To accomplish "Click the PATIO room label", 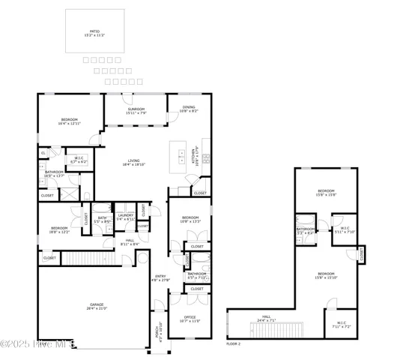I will tap(93, 31).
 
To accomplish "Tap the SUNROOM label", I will tap(135, 111).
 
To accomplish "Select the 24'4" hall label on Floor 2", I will tap(265, 318).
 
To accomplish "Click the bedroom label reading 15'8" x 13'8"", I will tap(326, 193).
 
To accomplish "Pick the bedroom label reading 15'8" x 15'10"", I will tap(326, 275).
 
